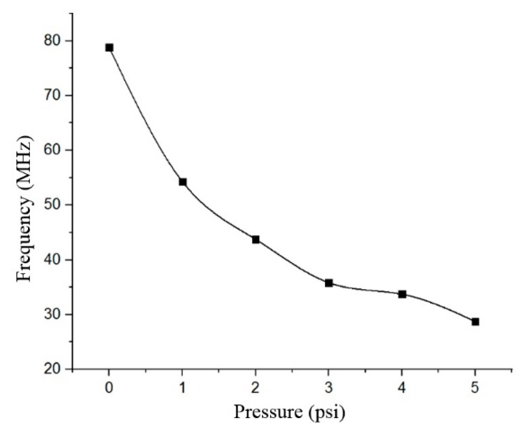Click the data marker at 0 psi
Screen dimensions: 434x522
tap(109, 48)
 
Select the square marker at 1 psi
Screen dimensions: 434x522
tap(183, 182)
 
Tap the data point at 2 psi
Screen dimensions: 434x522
tap(256, 239)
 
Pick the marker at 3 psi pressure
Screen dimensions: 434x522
tap(329, 283)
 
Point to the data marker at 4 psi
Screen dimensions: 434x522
tap(402, 294)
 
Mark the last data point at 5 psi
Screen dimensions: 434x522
tap(475, 322)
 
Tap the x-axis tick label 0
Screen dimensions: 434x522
tap(109, 388)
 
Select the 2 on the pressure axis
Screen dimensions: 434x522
tap(256, 388)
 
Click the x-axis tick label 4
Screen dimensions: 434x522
tap(402, 388)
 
